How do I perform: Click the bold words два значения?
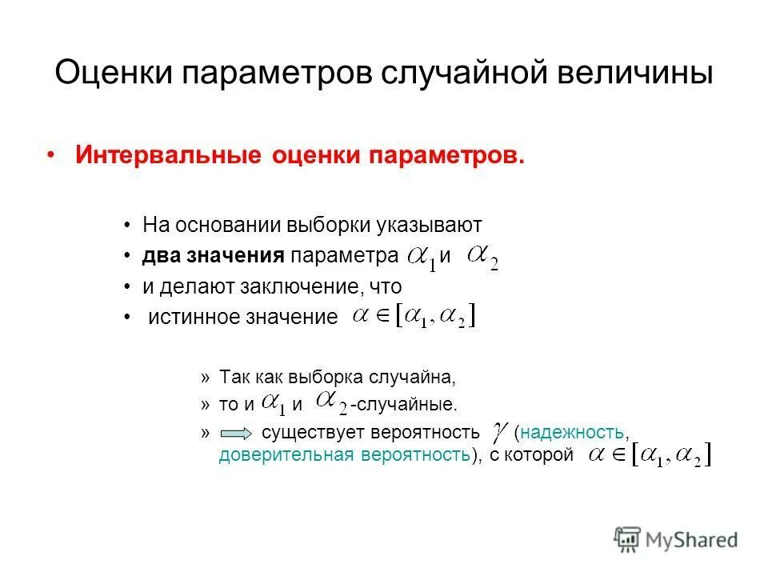tap(214, 255)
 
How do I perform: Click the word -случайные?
tap(404, 405)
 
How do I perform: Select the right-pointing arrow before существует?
tap(235, 433)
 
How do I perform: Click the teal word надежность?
tap(573, 433)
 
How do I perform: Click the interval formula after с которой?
tap(650, 456)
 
